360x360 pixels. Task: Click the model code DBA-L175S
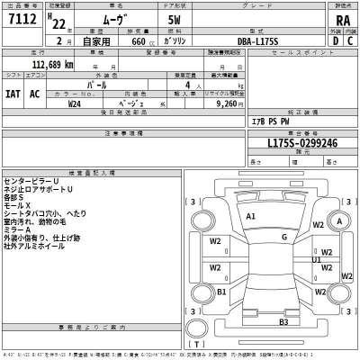[x=256, y=40]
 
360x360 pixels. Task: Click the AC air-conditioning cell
[x=35, y=94]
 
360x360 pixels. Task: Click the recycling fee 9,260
[x=230, y=103]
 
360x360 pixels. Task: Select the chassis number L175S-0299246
[x=301, y=143]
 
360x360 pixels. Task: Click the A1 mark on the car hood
[x=251, y=217]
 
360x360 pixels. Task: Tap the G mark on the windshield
[x=283, y=237]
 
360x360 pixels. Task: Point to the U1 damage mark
[x=317, y=260]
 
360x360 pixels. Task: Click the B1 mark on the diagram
[x=222, y=292]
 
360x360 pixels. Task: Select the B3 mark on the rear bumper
[x=283, y=321]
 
